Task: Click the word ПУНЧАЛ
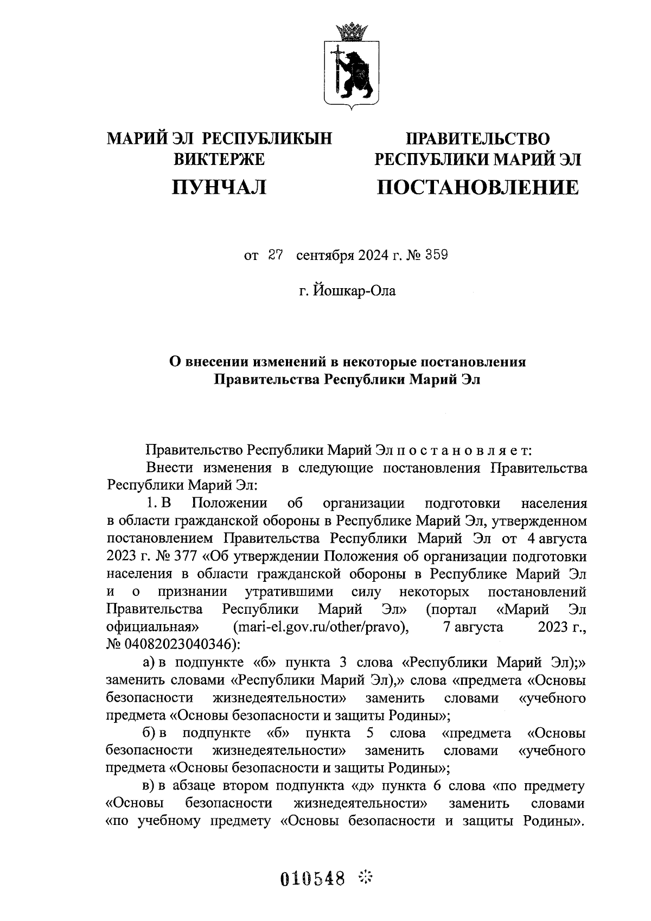point(219,187)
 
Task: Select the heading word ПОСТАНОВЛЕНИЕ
point(477,188)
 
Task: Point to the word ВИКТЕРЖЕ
point(219,160)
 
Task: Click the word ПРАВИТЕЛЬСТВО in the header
point(478,139)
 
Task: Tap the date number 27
point(276,255)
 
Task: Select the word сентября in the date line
point(324,256)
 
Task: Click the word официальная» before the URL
point(152,628)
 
